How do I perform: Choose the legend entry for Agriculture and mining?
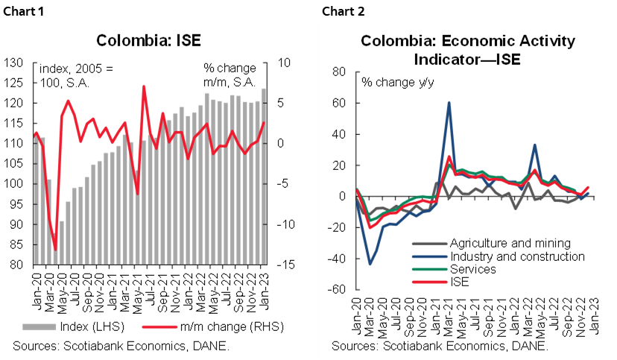coord(510,243)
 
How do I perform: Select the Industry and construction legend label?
coord(517,256)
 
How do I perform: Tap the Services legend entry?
coord(472,269)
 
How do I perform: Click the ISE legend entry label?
coord(460,282)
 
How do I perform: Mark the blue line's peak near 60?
coord(449,103)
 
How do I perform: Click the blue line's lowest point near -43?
coord(370,263)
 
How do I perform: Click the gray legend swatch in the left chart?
coord(39,326)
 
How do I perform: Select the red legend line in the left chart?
coord(159,326)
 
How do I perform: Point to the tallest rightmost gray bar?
coord(263,176)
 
